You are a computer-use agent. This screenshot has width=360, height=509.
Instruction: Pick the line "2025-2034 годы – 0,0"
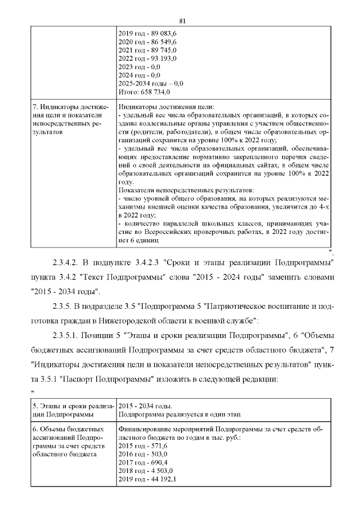click(151, 83)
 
